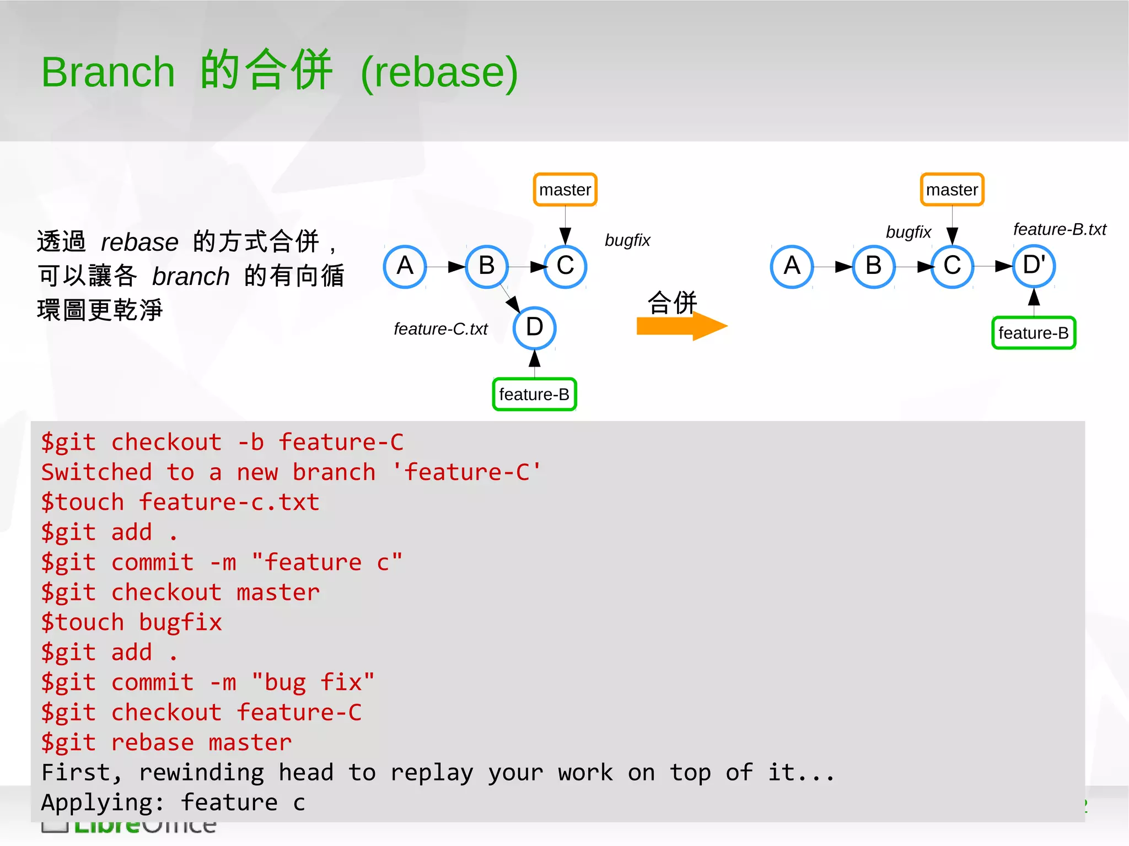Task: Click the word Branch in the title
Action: click(x=108, y=72)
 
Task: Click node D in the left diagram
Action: click(x=534, y=327)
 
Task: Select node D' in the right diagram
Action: click(x=1034, y=266)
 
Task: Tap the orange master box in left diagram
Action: click(x=565, y=190)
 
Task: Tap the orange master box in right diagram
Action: click(x=952, y=190)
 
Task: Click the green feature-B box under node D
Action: click(x=534, y=395)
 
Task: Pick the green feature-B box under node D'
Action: click(x=1034, y=333)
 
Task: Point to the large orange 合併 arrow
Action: click(x=681, y=326)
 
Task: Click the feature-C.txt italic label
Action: click(x=440, y=329)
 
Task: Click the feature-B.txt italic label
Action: click(x=1060, y=229)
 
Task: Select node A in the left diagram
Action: click(x=405, y=266)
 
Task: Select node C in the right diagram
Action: click(x=952, y=266)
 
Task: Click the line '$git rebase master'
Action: click(x=166, y=742)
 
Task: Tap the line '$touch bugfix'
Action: click(x=131, y=622)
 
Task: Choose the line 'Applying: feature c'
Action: click(x=173, y=802)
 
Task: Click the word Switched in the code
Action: click(x=96, y=472)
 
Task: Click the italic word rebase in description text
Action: click(x=139, y=243)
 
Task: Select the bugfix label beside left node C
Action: click(x=627, y=240)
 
